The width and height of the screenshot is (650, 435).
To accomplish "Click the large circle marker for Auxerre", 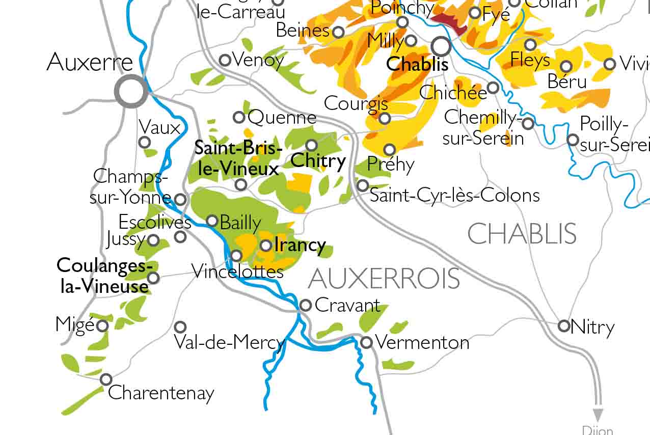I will coord(131,92).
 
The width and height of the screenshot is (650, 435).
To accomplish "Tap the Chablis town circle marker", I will coord(441,47).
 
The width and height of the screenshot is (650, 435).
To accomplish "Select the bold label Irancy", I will coord(300,245).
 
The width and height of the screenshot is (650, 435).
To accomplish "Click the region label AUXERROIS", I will coord(384,279).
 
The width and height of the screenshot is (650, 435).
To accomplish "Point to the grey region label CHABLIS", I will coord(522,234).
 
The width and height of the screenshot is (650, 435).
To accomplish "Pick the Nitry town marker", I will coord(564,326).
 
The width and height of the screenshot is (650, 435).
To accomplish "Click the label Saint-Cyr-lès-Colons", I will coord(454,195).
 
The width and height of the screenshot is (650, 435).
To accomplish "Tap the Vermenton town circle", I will coord(366,342).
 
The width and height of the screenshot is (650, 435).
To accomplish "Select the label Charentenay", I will coord(161,393).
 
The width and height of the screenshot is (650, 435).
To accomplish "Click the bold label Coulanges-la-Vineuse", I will coord(105,276).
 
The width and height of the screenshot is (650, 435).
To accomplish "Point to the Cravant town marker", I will coord(305,305).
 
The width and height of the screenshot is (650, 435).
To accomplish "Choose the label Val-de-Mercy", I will coord(229,342).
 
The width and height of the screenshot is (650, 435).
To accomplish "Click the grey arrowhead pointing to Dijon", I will coord(598,415).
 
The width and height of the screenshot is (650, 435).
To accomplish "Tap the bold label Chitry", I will coord(318,161).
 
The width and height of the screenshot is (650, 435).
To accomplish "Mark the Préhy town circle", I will coord(390,149).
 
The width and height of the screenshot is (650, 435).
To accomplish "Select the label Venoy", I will coord(258,60).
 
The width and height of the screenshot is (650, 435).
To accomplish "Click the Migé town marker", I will coord(103,325).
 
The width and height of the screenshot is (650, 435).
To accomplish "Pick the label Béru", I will coord(567,81).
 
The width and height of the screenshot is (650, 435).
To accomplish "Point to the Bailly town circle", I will coord(212,221).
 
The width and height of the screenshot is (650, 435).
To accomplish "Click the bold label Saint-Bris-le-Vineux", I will coord(238,158).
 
